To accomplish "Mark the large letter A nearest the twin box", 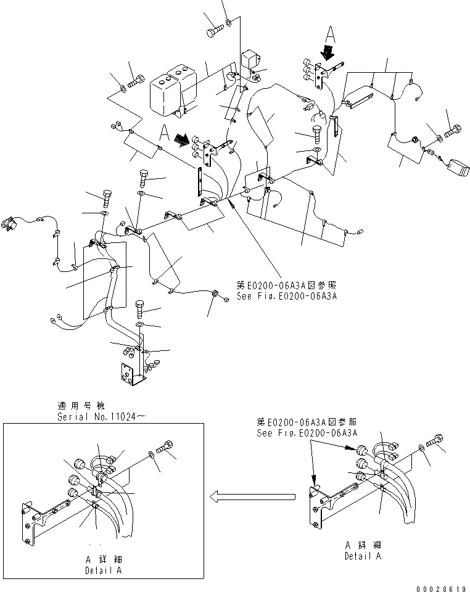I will click(x=163, y=132).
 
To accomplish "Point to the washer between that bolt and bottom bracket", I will click(x=140, y=324).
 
